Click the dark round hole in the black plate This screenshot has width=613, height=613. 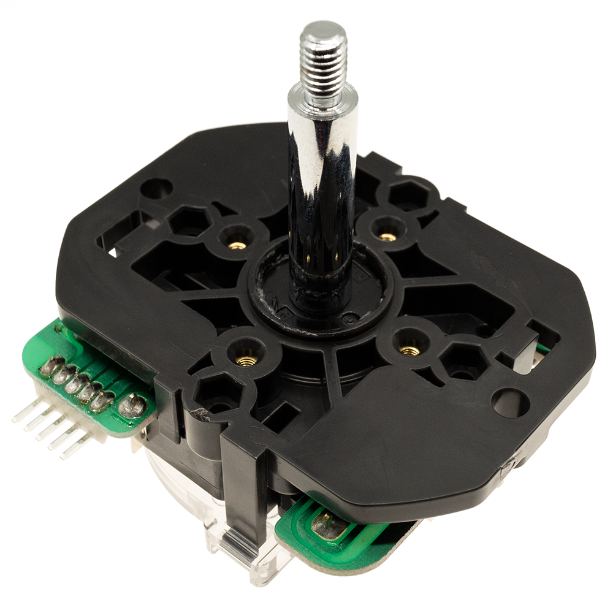(158, 188)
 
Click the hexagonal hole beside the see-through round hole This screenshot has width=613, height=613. (461, 362)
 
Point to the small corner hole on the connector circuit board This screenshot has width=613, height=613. (59, 329)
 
